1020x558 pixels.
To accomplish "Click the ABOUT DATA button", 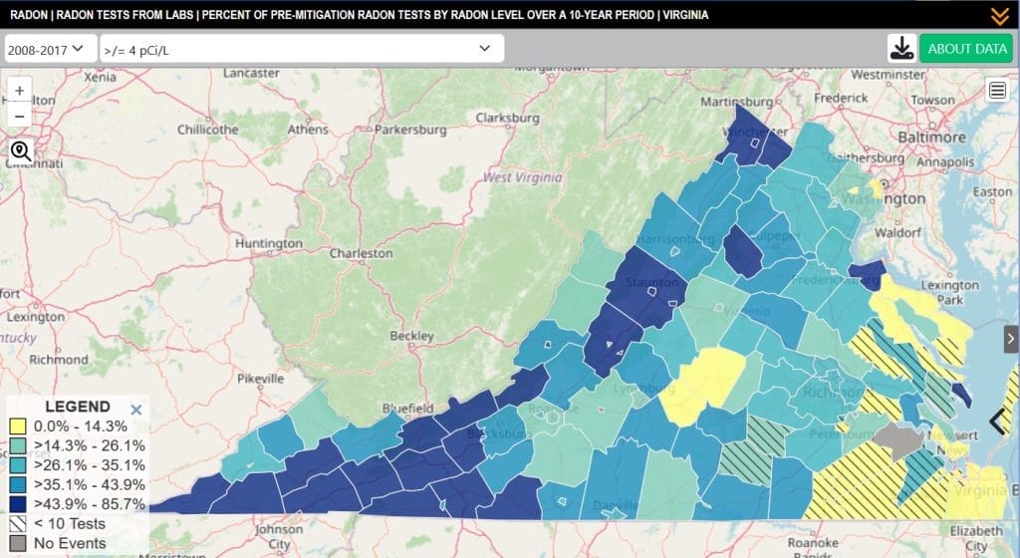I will (965, 48).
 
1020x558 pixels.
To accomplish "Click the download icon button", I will (901, 48).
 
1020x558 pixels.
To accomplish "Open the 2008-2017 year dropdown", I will (51, 48).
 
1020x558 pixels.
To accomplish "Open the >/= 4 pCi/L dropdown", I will (302, 48).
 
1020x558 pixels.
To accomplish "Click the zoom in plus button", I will (20, 89).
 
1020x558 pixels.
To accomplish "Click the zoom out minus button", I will (20, 115).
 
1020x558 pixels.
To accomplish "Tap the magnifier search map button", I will (20, 151).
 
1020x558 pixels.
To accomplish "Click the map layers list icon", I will (997, 91).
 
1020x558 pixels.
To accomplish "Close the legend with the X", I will (136, 409).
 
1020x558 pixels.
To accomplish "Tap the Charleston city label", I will (361, 253).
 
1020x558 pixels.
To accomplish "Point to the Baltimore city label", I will (932, 137).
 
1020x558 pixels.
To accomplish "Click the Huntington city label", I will (269, 243).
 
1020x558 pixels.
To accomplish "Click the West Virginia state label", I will (522, 177).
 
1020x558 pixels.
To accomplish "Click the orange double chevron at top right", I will (1000, 15).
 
